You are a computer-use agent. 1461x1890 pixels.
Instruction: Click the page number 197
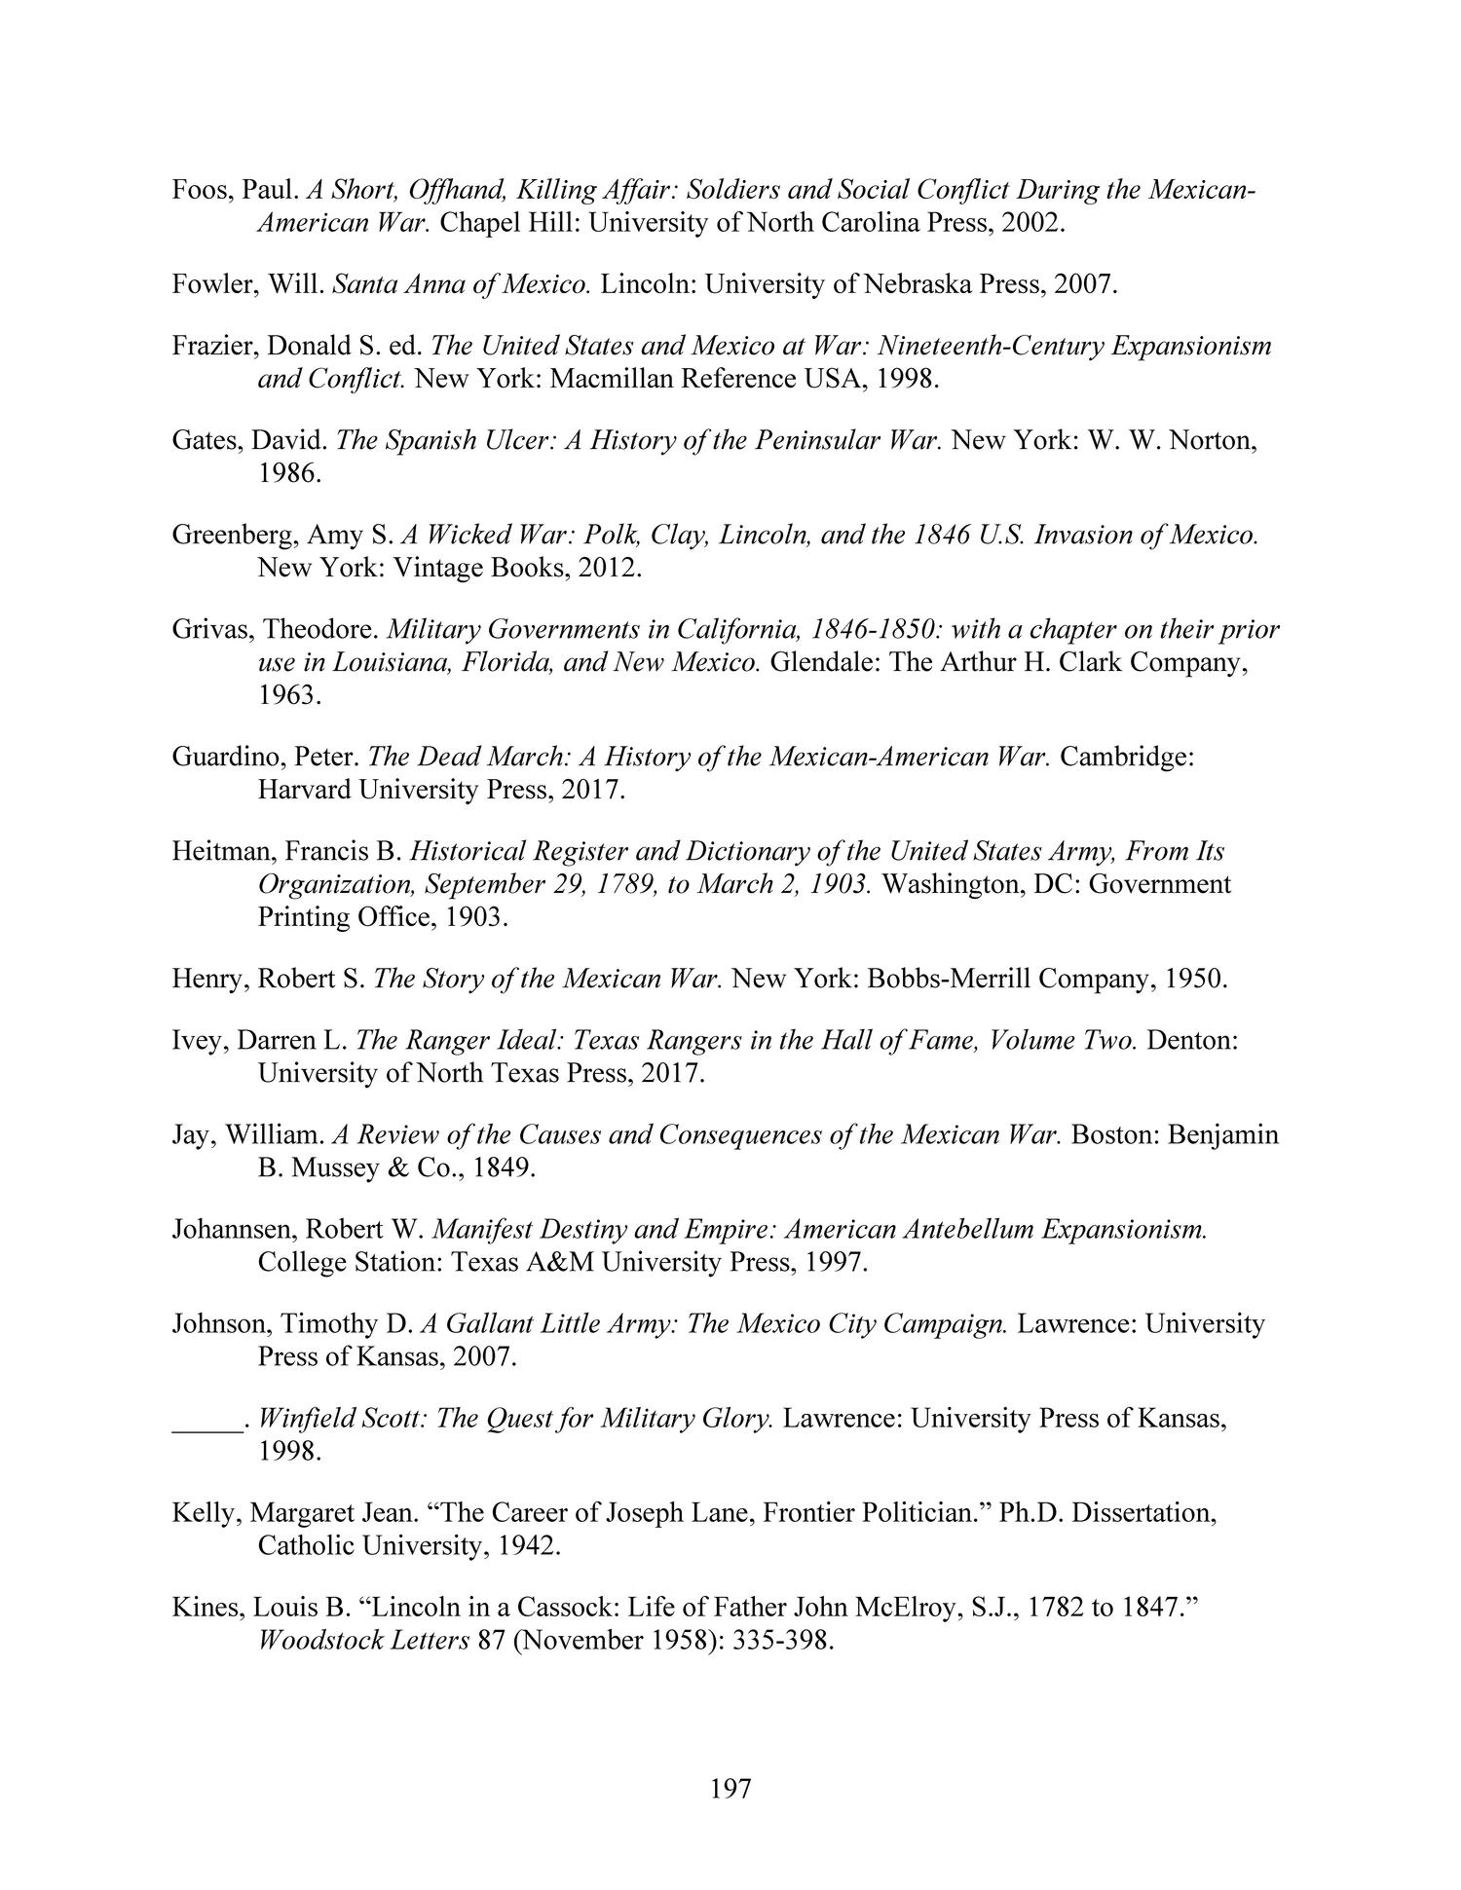coord(730,1788)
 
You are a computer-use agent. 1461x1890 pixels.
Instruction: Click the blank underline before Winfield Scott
coord(207,1418)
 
